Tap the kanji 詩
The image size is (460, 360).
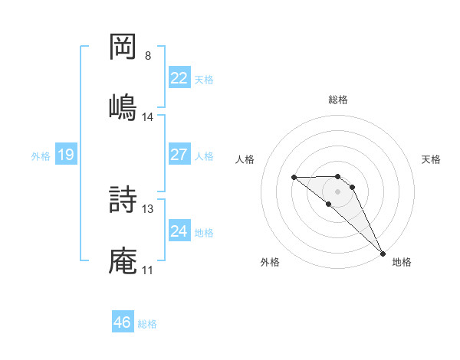123,200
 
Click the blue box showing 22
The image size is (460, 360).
179,78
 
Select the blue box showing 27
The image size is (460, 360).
179,154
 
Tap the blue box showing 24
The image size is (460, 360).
179,231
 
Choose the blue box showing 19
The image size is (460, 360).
65,155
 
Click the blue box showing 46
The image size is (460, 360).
123,322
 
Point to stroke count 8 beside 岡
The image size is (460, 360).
148,56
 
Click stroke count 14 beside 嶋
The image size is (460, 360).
148,117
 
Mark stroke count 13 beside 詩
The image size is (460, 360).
148,208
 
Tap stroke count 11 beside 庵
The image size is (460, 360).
148,270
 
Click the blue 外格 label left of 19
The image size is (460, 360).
41,155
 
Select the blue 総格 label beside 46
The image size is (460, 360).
147,324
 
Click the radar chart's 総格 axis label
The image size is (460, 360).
338,100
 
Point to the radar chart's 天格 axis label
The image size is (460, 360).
431,159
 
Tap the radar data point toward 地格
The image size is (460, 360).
383,253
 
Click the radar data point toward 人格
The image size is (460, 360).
294,177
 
